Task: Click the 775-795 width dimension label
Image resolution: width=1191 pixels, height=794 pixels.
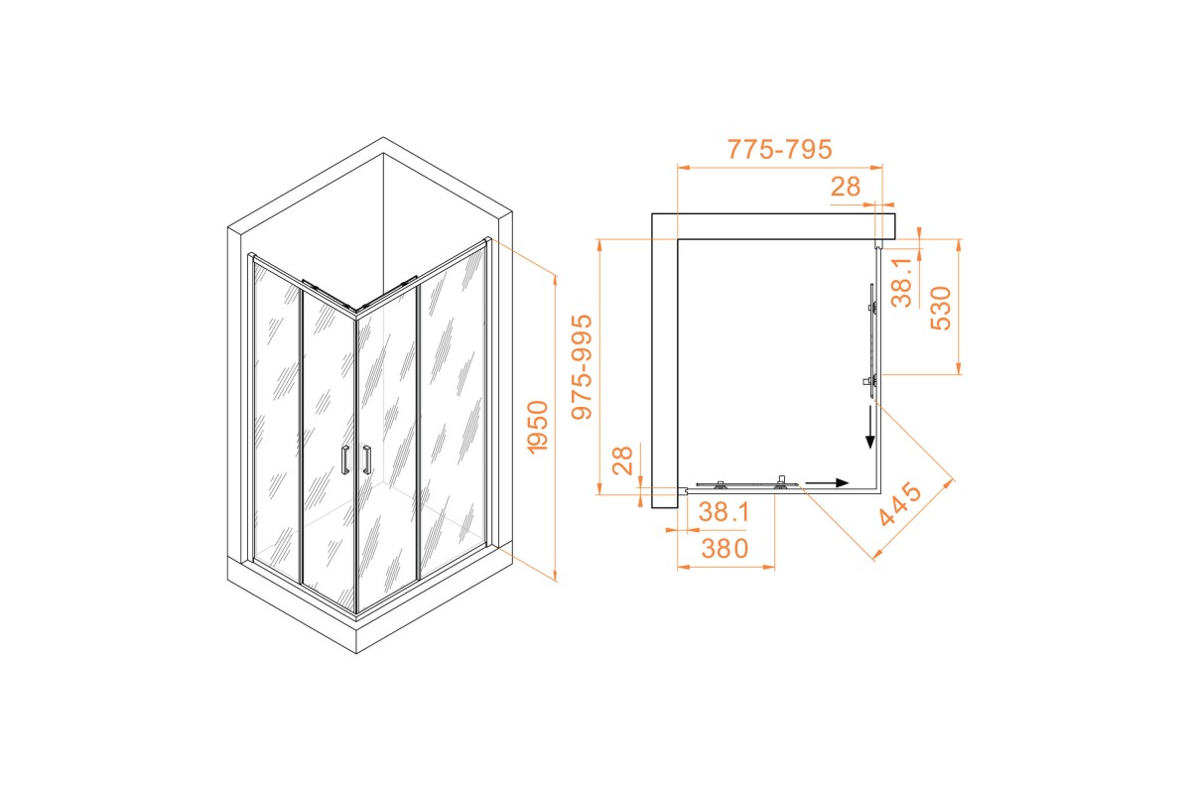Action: coord(779,150)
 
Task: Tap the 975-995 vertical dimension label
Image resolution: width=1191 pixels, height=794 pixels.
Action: coord(582,367)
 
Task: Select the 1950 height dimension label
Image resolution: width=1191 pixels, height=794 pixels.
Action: coord(537,428)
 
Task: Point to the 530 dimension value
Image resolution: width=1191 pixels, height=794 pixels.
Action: coord(941,309)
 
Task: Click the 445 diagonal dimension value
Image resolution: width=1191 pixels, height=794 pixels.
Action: coord(900,503)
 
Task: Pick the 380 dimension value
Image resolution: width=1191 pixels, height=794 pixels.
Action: coord(725,549)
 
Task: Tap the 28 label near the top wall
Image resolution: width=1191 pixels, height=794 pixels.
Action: coord(846,187)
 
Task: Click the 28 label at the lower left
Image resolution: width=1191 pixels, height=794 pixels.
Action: coord(622,461)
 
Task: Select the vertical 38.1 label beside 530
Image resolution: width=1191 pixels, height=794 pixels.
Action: coord(902,283)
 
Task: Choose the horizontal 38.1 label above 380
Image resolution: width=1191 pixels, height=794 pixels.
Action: coord(725,512)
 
